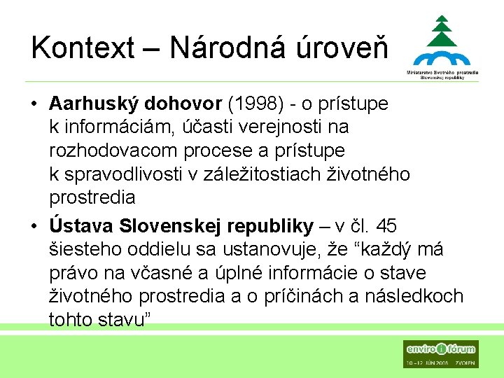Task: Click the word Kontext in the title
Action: [82, 48]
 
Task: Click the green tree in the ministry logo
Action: [442, 31]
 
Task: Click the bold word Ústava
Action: [81, 225]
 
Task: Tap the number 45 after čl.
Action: [386, 225]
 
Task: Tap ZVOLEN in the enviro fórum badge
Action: [463, 363]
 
